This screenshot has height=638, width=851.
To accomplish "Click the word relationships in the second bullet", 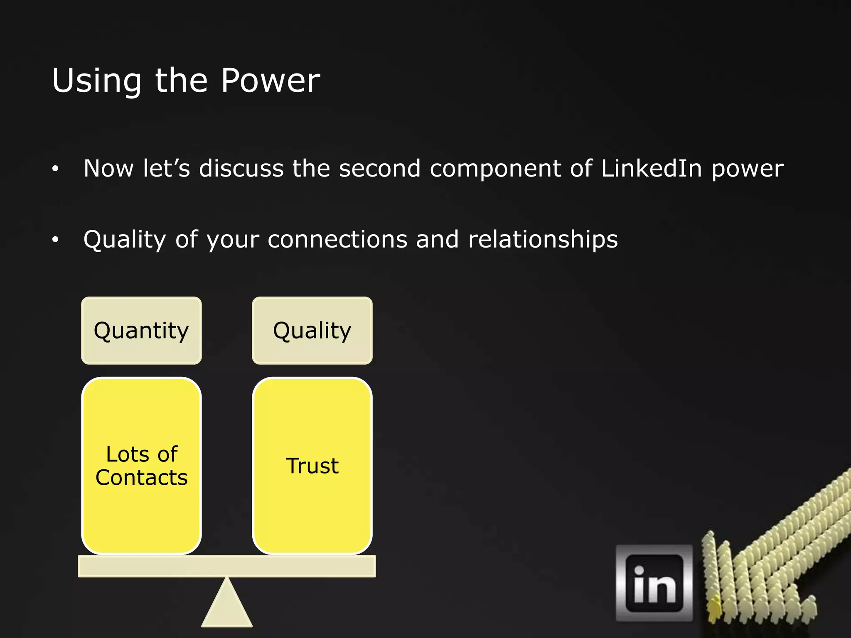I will (543, 240).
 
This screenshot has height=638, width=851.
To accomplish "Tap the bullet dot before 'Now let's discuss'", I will (55, 169).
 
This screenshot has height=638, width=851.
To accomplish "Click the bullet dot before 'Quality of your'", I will (55, 240).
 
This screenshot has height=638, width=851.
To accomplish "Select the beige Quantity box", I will (141, 331).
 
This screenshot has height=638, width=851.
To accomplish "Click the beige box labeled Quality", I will (312, 331).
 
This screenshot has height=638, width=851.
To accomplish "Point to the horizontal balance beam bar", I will (227, 566).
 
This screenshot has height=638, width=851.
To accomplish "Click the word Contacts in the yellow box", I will (141, 477).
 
